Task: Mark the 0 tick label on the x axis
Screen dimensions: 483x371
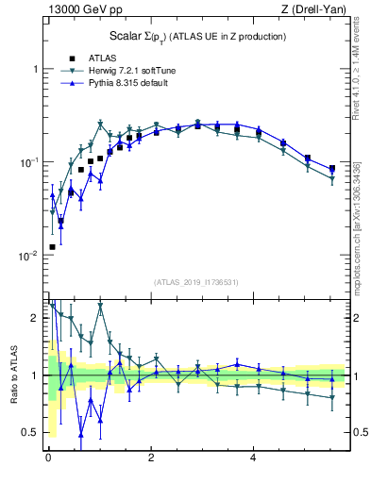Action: [x=48, y=458]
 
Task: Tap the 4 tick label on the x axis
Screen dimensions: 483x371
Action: [x=253, y=458]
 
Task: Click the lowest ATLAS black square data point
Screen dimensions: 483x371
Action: [x=52, y=247]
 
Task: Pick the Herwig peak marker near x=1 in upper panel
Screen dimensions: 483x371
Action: [x=100, y=124]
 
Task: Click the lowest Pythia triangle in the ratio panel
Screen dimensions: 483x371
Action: [x=81, y=434]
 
